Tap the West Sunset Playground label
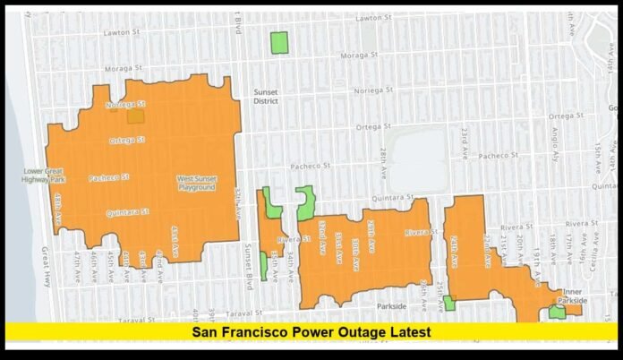196,183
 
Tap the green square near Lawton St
279,42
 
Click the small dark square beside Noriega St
135,115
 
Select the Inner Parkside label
573,296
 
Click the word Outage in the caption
354,332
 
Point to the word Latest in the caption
407,332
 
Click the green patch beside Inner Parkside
557,312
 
